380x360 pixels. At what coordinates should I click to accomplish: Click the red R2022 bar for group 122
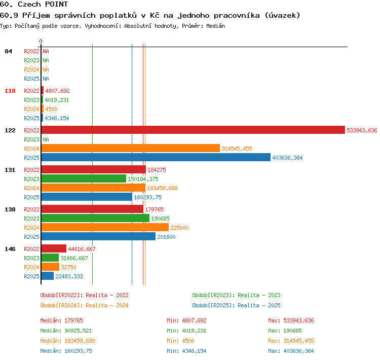pyautogui.click(x=193, y=130)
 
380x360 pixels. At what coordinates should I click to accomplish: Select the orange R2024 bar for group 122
pyautogui.click(x=131, y=148)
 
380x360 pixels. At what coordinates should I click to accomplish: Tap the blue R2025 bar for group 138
pyautogui.click(x=98, y=236)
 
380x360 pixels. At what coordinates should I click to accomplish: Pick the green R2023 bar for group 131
pyautogui.click(x=84, y=178)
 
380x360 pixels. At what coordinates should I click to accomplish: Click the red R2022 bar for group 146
pyautogui.click(x=54, y=248)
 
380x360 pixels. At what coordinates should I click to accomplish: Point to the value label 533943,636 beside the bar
pyautogui.click(x=362, y=130)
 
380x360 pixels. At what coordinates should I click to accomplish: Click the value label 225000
pyautogui.click(x=179, y=228)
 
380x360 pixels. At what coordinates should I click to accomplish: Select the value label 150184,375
pyautogui.click(x=143, y=179)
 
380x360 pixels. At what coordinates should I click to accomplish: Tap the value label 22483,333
pyautogui.click(x=69, y=276)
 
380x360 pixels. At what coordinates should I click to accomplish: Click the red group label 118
pyautogui.click(x=10, y=91)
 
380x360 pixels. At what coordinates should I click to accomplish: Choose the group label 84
pyautogui.click(x=8, y=51)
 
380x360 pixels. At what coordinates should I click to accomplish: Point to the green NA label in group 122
pyautogui.click(x=46, y=139)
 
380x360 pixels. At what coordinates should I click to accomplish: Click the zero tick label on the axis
pyautogui.click(x=41, y=41)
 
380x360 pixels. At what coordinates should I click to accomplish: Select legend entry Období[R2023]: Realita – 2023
pyautogui.click(x=236, y=295)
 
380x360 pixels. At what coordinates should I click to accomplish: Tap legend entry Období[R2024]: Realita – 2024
pyautogui.click(x=84, y=305)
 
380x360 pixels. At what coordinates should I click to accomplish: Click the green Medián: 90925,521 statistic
pyautogui.click(x=66, y=331)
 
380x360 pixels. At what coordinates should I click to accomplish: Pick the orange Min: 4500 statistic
pyautogui.click(x=180, y=341)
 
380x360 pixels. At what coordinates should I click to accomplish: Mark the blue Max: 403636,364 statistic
pyautogui.click(x=291, y=351)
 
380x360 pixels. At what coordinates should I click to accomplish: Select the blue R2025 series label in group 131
pyautogui.click(x=31, y=197)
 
